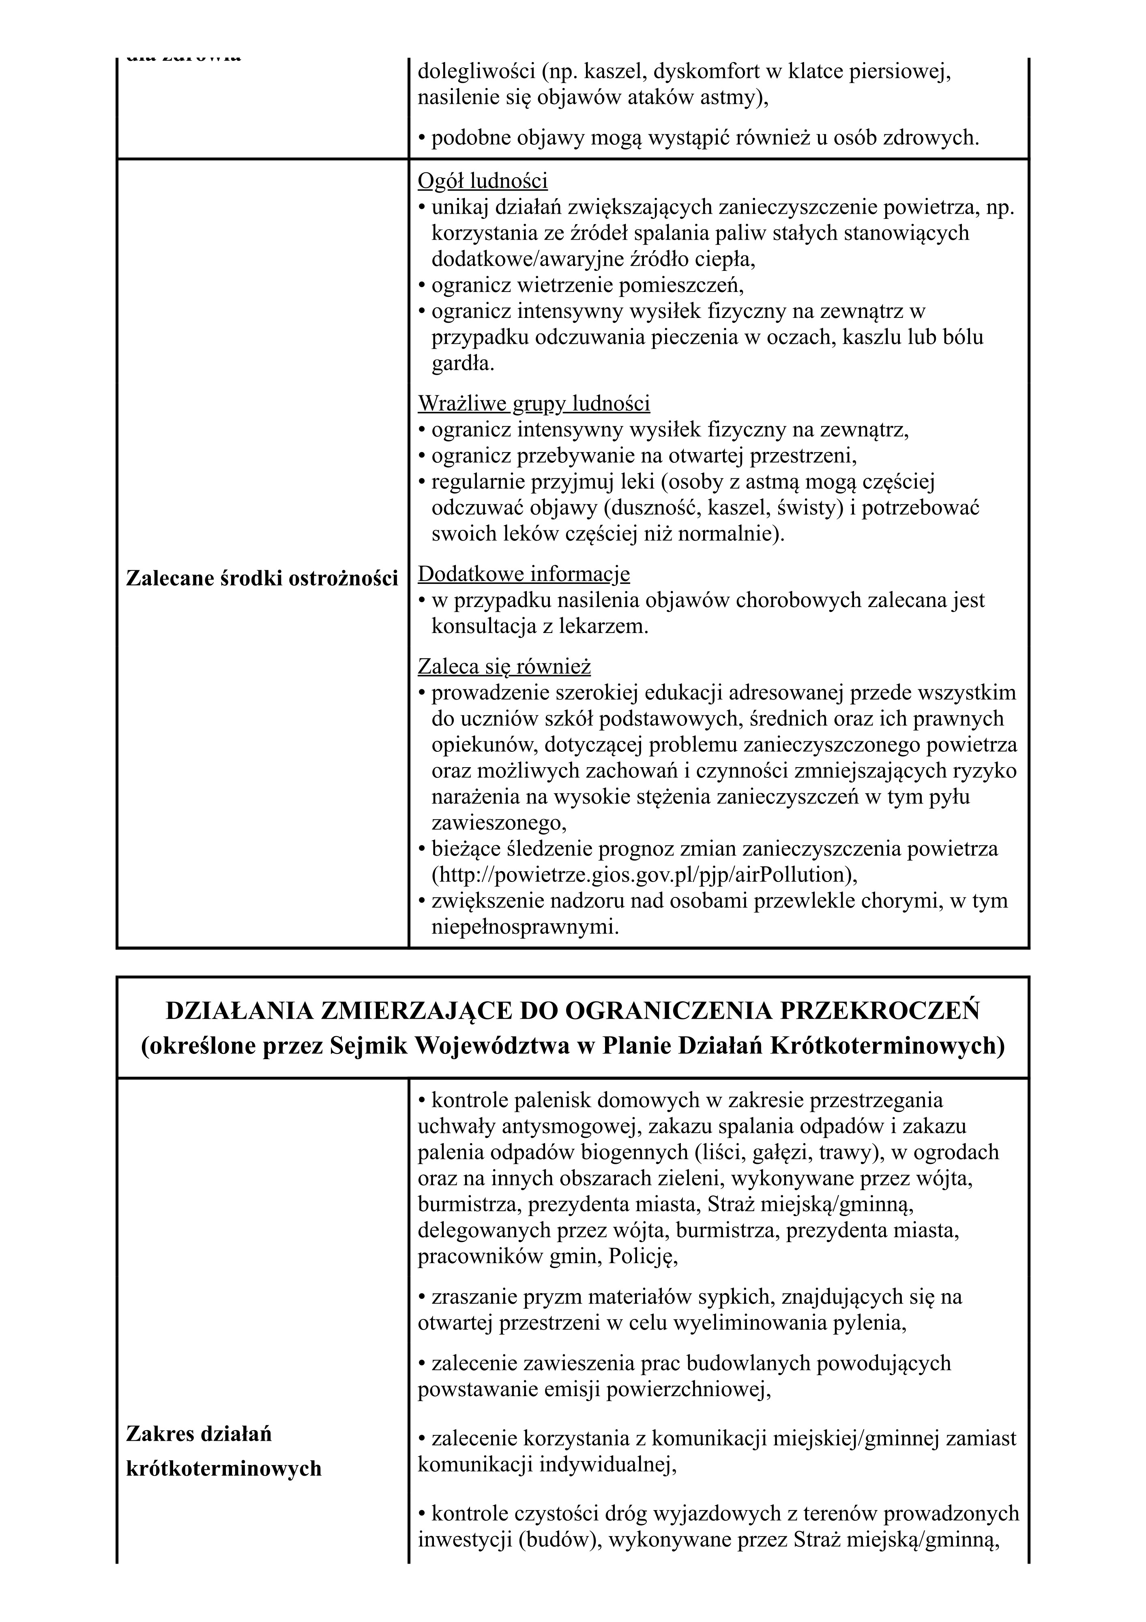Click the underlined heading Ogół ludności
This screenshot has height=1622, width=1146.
[x=483, y=182]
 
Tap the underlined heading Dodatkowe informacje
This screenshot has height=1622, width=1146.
[x=524, y=574]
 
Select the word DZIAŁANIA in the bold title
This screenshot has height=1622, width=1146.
[x=239, y=1012]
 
